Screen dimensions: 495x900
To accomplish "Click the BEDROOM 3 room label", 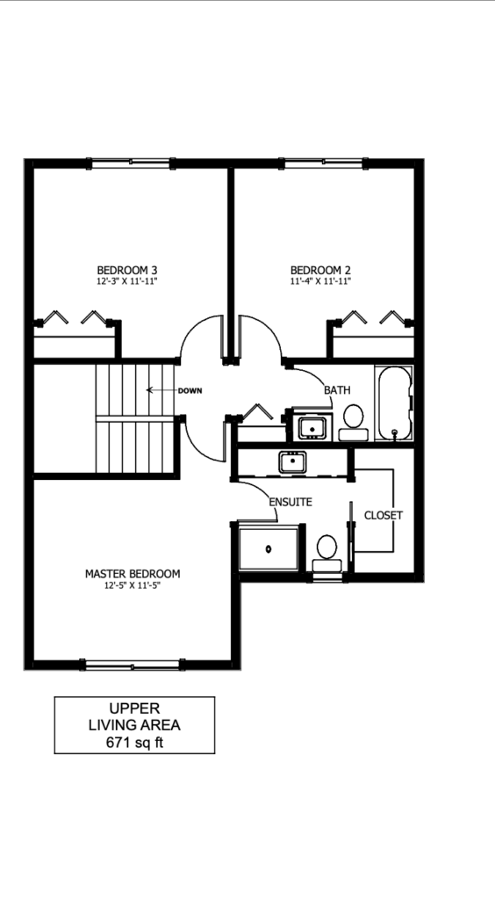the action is pos(127,270).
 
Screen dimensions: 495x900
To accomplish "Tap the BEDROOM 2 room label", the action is pos(320,270).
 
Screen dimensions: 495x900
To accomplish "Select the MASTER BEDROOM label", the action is pos(133,573).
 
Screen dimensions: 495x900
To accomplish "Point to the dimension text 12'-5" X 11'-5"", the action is pos(133,586).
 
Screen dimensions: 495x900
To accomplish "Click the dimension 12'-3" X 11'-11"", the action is pos(127,282).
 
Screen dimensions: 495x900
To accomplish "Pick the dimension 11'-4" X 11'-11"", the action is pos(320,282).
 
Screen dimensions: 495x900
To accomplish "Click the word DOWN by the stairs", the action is pos(190,391).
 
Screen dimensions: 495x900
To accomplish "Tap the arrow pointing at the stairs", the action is pos(161,390).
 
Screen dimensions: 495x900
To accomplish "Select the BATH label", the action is pos(337,390).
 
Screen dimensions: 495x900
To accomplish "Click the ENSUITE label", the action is pos(291,502).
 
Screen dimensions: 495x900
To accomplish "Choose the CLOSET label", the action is pos(384,515).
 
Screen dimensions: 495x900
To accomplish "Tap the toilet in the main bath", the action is pos(353,423).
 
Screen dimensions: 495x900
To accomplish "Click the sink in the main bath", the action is pos(312,428).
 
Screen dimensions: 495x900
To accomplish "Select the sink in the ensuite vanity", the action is pos(292,462).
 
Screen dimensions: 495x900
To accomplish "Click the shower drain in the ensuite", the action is pos(269,549).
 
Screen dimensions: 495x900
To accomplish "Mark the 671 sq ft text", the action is pos(134,742).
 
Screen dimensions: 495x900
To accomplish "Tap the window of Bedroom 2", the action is pos(324,163).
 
